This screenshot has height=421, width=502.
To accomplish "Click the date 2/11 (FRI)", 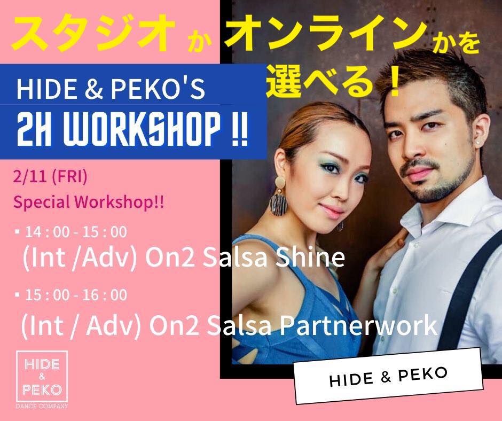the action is click(50, 177).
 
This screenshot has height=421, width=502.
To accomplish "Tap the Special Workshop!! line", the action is click(88, 202).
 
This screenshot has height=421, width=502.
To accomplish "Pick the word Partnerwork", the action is click(358, 325).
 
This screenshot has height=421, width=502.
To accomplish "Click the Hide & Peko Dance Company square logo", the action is click(42, 377).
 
